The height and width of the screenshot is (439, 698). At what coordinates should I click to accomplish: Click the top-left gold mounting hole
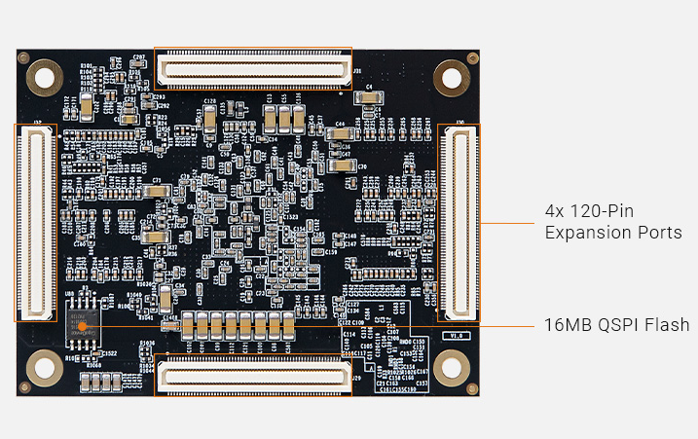click(x=43, y=72)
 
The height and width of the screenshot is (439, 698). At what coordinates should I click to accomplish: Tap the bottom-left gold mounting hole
click(x=43, y=368)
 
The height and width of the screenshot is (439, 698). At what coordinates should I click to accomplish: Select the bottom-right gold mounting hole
click(x=451, y=368)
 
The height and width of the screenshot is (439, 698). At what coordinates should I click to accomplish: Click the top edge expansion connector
click(x=252, y=68)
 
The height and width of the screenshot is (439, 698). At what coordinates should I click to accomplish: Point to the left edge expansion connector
click(x=36, y=222)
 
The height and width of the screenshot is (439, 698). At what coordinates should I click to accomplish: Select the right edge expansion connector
click(x=459, y=222)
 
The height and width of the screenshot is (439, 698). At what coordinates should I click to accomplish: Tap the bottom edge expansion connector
click(x=252, y=376)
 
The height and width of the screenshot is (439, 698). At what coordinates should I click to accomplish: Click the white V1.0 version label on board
click(x=456, y=335)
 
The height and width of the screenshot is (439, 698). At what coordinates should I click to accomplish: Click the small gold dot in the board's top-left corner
click(x=23, y=57)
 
